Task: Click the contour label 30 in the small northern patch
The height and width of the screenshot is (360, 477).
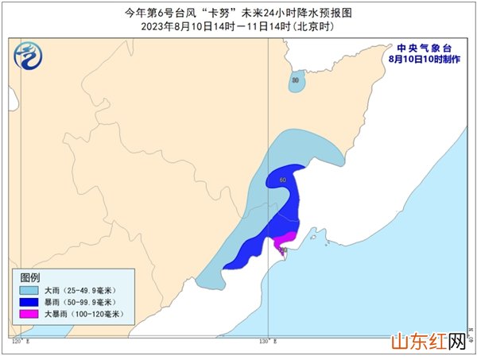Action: coord(296,80)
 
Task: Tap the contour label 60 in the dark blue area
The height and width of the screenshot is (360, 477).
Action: coord(283,180)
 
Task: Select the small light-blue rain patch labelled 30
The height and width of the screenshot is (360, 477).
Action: coord(296,82)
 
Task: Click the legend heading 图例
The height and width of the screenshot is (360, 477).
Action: coord(30,277)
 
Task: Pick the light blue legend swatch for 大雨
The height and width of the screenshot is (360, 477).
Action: coord(31,291)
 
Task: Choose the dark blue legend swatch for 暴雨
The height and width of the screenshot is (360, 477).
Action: coord(31,303)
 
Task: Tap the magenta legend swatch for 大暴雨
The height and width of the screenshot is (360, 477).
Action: coord(31,315)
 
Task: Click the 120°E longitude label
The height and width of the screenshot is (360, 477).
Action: coord(20,342)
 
